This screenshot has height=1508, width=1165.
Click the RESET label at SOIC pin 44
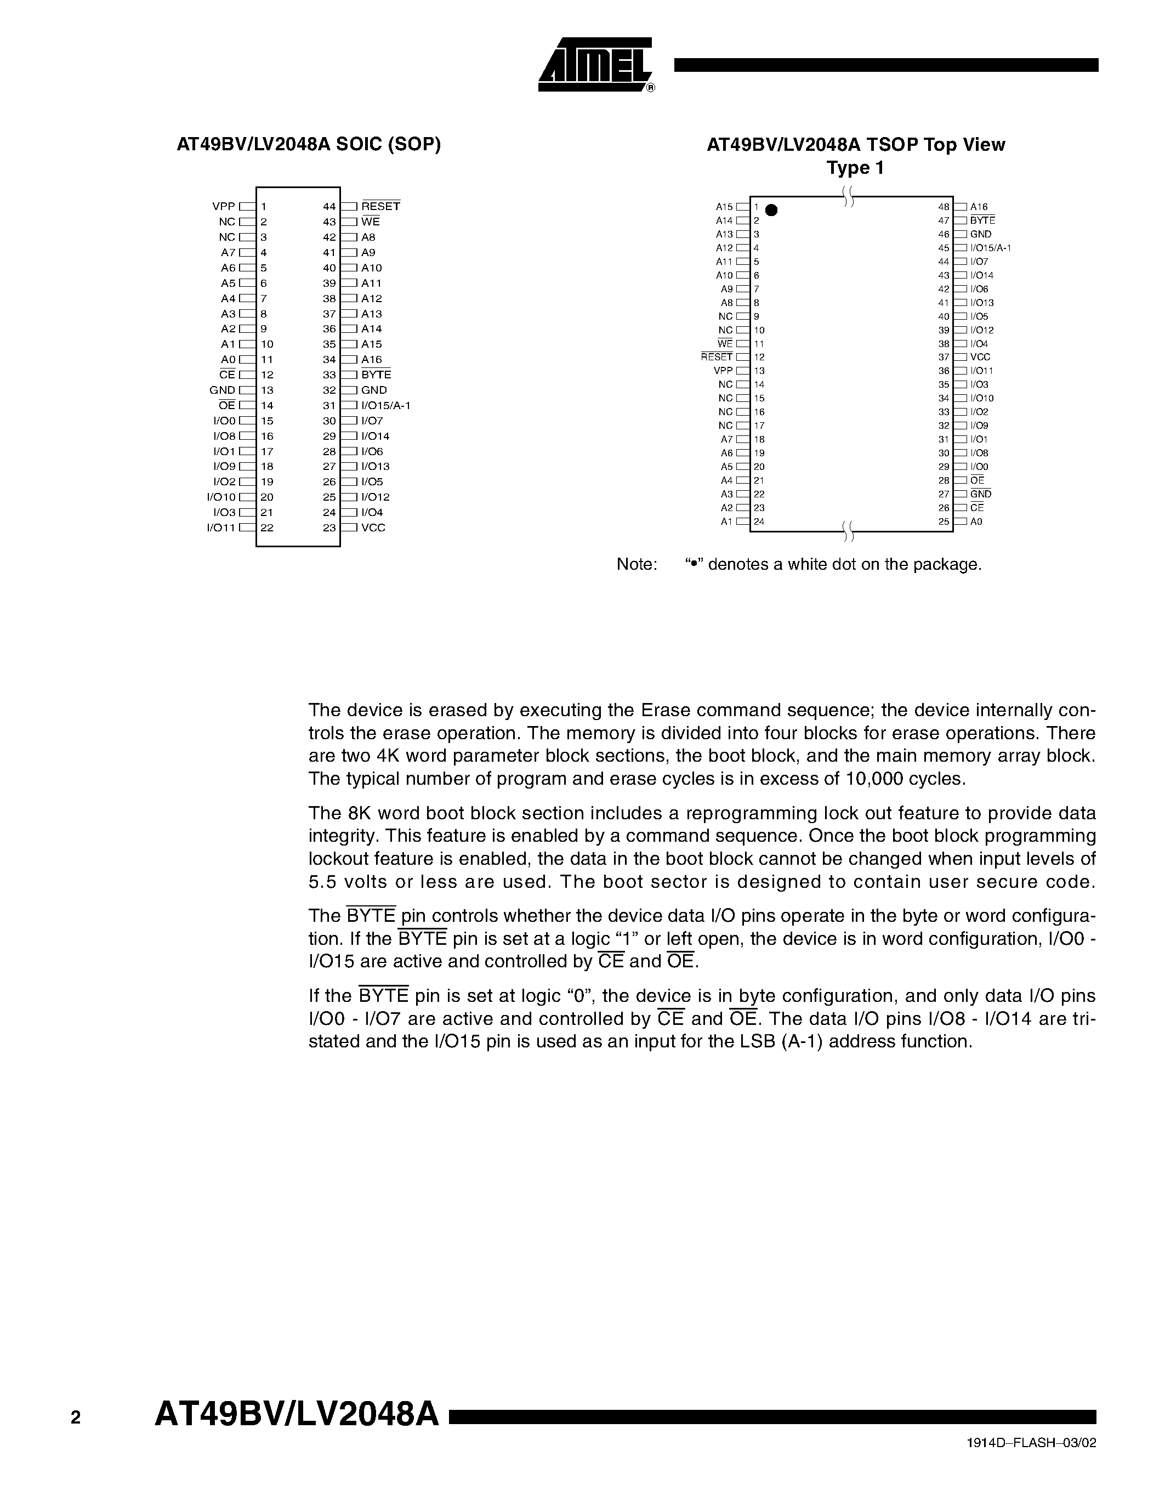pyautogui.click(x=380, y=206)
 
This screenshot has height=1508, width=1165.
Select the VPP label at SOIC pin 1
pyautogui.click(x=224, y=206)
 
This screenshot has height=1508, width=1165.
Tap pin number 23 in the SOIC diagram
pyautogui.click(x=328, y=528)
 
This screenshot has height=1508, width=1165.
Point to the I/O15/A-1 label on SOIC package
pyautogui.click(x=385, y=406)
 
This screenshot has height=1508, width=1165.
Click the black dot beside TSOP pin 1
pyautogui.click(x=771, y=210)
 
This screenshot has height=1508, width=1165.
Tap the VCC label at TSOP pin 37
pyautogui.click(x=980, y=358)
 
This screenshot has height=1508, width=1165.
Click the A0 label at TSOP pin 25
pyautogui.click(x=976, y=522)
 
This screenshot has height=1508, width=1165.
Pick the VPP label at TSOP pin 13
pyautogui.click(x=723, y=371)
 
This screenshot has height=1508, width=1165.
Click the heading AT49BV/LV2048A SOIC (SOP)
pyautogui.click(x=309, y=144)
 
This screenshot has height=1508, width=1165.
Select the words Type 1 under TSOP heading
pyautogui.click(x=855, y=168)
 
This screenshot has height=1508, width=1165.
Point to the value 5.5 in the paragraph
pyautogui.click(x=322, y=882)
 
